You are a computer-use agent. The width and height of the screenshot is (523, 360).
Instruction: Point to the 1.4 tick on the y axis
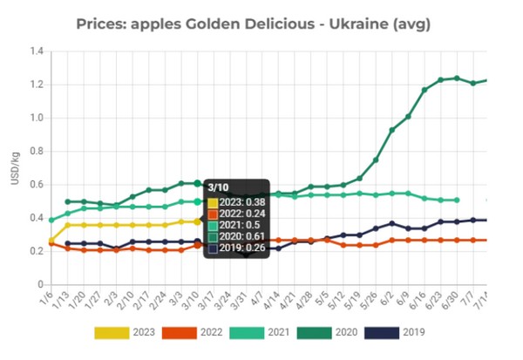pos(36,51)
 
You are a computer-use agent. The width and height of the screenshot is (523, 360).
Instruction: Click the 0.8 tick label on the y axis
pos(36,152)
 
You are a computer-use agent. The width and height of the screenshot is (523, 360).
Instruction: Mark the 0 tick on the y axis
pos(39,285)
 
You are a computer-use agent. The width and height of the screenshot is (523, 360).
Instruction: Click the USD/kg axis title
pos(12,168)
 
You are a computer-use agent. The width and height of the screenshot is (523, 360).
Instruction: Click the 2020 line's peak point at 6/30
pos(457,78)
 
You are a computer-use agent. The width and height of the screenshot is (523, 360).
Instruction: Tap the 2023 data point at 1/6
pos(51,241)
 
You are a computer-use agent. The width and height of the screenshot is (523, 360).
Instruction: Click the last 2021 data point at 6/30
pos(457,200)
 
